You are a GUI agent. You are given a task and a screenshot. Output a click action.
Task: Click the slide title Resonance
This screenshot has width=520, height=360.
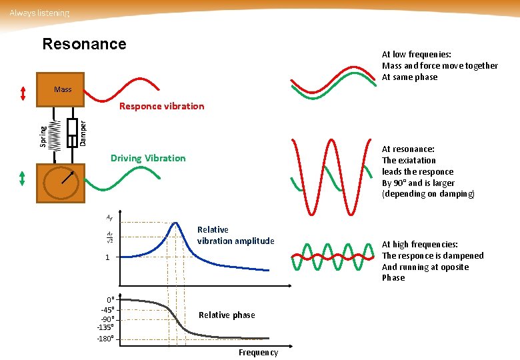pos(84,45)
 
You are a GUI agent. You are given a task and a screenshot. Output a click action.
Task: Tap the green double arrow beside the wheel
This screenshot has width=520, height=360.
pos(23,179)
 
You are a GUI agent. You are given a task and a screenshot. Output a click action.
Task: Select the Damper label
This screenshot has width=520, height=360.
pos(83,133)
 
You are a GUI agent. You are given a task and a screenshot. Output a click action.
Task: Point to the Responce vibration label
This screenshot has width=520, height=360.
pos(161,106)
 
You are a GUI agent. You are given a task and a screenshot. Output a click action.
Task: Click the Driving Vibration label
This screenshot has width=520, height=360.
pos(148,158)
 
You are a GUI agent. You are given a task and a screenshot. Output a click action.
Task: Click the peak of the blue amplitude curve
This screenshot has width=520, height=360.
pos(176,223)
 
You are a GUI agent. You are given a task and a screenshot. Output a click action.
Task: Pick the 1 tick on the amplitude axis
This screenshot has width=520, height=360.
pos(105,257)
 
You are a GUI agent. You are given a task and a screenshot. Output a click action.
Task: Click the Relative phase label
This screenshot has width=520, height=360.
pos(227,315)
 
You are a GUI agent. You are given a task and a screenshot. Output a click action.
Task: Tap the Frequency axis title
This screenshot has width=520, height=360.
pos(258,352)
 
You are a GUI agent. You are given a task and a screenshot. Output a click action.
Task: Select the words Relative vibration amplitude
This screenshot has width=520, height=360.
pos(235,235)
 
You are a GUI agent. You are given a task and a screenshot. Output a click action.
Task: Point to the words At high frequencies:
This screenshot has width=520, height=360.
pos(419,245)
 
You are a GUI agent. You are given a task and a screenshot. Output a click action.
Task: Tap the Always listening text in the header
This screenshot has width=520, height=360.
pos(39,13)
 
